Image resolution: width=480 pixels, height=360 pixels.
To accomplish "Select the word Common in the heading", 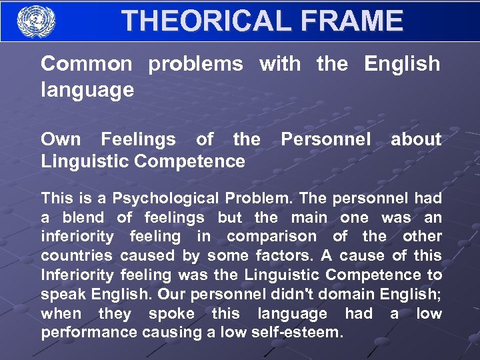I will coord(87,64).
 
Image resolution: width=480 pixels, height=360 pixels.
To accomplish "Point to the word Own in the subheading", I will coord(61,139).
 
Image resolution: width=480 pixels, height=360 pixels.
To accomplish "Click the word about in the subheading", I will coord(415,139).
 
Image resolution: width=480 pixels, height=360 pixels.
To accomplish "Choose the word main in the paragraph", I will coord(308,217).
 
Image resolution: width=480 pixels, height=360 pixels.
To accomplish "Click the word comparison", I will coord(272,236).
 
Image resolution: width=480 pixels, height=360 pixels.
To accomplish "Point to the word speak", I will coord(63,294).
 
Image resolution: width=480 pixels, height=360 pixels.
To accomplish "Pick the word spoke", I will coord(171,313).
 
